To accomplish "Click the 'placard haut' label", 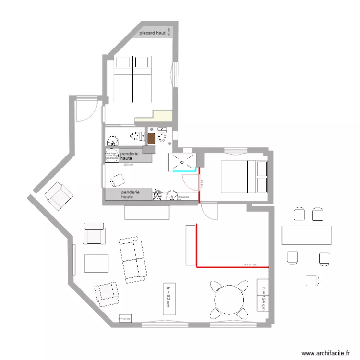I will click(152, 34).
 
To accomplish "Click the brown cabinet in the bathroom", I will click(152, 138).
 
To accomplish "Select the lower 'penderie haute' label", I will click(130, 194).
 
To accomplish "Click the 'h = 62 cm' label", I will click(169, 298).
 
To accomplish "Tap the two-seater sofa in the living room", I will click(132, 258).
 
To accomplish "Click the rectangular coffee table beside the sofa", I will click(96, 264).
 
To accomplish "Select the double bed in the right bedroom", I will click(244, 176).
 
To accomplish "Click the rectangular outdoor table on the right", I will click(306, 235).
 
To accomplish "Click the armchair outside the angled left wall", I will click(59, 196).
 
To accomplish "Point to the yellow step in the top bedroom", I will click(154, 116).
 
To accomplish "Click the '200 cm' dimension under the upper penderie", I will click(128, 165).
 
